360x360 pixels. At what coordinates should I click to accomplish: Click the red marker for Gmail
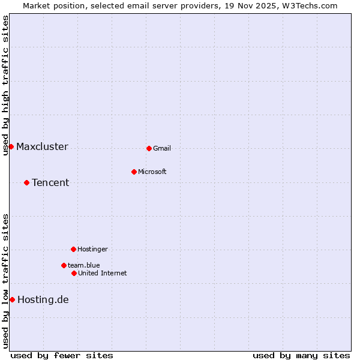click(149, 148)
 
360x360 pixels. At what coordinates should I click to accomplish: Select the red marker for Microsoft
click(134, 172)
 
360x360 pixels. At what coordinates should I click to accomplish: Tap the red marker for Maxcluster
click(11, 146)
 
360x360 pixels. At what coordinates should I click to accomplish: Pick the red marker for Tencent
click(26, 182)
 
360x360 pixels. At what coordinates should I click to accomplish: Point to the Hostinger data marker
click(73, 249)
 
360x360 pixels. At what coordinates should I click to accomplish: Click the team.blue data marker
click(64, 265)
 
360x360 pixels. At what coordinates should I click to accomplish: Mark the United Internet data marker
click(74, 273)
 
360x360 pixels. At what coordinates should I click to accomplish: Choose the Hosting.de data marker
click(12, 299)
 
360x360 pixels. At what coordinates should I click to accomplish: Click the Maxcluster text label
click(42, 147)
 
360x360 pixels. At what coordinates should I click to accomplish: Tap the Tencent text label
click(50, 183)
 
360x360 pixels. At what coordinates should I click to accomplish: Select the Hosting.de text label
click(43, 300)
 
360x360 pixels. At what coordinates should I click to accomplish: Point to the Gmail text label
click(162, 149)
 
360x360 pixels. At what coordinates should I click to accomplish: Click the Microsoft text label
click(152, 172)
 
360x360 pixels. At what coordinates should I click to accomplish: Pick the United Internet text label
click(103, 274)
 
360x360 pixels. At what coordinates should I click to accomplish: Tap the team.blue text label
click(84, 266)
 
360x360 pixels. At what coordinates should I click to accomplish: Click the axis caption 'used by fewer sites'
click(62, 356)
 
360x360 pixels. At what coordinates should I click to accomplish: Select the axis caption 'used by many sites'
click(301, 356)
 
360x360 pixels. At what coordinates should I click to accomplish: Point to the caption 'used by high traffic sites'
click(6, 85)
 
